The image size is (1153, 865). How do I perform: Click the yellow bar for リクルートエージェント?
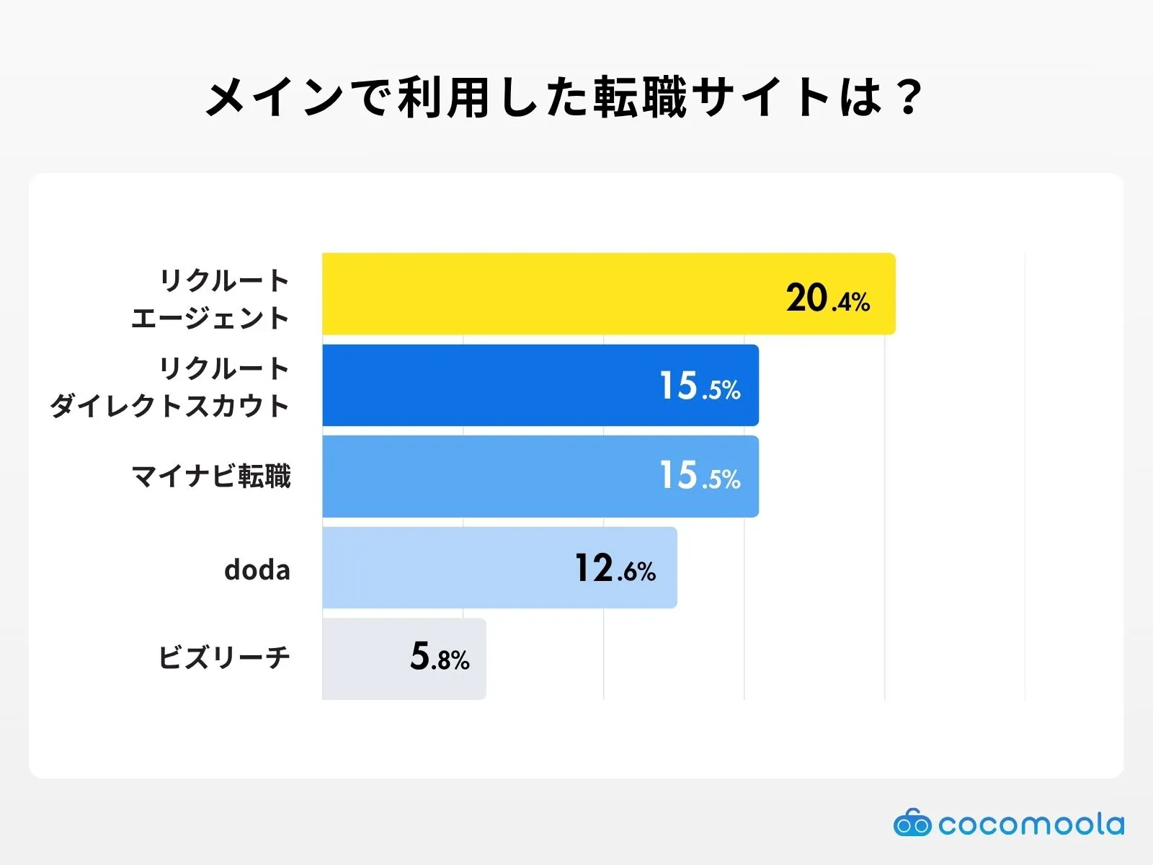tap(548, 294)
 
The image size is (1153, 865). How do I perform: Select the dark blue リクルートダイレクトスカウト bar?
tap(490, 386)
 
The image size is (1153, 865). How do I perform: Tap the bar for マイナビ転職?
tap(490, 476)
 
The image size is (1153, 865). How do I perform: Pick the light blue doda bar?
tap(447, 568)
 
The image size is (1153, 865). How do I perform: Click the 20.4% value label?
tap(828, 298)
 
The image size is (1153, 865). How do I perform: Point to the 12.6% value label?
tap(615, 569)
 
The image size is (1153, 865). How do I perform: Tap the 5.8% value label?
tap(440, 657)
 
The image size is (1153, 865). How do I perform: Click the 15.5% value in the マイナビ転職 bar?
tap(700, 476)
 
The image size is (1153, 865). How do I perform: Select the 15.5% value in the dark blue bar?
tap(700, 386)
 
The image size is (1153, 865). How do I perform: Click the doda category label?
tap(257, 570)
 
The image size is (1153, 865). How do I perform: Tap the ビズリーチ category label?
tap(224, 657)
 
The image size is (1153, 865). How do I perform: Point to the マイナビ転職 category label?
tap(211, 476)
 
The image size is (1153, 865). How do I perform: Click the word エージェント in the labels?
tap(210, 318)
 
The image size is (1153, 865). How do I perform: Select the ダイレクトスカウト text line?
tap(170, 406)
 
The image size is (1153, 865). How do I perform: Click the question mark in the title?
tap(909, 97)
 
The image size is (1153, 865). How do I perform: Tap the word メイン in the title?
tap(274, 97)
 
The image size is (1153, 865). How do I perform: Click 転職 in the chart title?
tap(640, 97)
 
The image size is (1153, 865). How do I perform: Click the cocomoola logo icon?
tap(912, 823)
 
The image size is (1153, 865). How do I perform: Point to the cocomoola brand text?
tap(1030, 824)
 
